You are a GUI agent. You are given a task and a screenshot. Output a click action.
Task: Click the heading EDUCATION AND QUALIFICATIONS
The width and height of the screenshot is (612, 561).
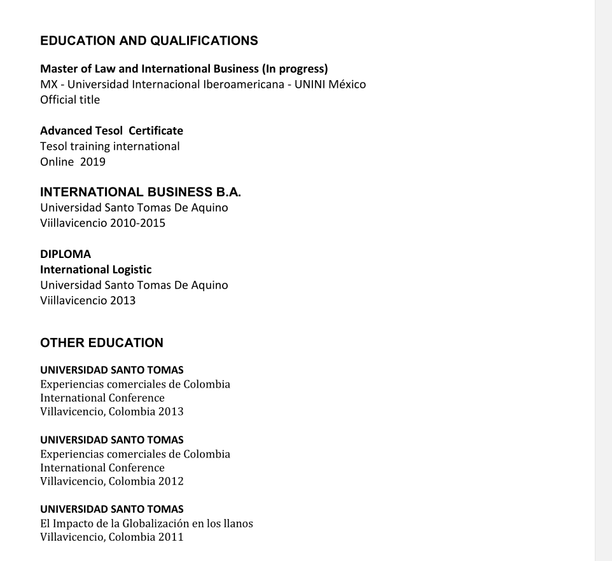pos(149,41)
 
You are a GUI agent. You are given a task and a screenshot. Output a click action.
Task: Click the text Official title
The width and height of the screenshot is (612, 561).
pos(70,100)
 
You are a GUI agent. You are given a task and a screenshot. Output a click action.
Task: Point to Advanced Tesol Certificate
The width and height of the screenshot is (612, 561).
pos(111,131)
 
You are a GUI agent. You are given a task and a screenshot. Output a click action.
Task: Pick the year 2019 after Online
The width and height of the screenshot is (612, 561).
pos(93,162)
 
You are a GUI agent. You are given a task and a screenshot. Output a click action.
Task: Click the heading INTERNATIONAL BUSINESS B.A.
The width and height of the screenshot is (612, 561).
pos(141,192)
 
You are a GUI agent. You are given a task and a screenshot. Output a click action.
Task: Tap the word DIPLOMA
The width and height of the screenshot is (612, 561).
pos(66,254)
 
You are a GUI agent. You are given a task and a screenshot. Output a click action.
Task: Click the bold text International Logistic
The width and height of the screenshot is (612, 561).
pos(95,269)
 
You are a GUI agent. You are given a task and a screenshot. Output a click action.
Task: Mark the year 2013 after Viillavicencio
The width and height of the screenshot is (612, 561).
pos(123,301)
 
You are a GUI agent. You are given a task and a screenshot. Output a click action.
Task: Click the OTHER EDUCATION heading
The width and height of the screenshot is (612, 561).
pos(102,343)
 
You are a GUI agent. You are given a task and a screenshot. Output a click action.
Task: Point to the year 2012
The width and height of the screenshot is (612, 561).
pos(171,481)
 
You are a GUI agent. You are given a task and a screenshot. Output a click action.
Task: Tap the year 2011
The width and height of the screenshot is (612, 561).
pos(171,537)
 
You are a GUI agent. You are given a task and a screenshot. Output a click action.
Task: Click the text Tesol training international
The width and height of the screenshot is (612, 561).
pos(110,147)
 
